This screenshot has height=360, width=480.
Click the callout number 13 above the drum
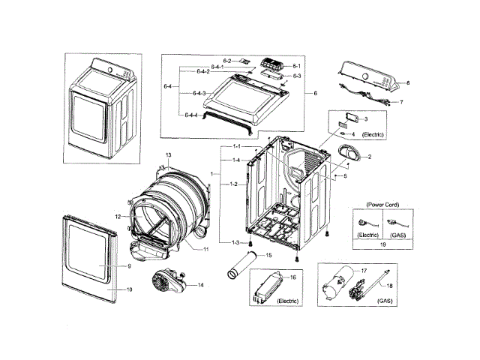(x=169, y=154)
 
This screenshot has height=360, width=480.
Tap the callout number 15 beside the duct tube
(x=267, y=256)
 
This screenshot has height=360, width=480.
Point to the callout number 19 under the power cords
(x=382, y=245)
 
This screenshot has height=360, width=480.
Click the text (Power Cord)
(x=382, y=204)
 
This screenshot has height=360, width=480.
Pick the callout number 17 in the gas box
(x=364, y=270)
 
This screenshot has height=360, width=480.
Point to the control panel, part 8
(x=370, y=76)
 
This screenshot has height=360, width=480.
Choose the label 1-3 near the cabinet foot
(x=235, y=241)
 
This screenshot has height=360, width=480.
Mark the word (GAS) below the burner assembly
(x=384, y=301)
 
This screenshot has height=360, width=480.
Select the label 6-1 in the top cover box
(x=296, y=67)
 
